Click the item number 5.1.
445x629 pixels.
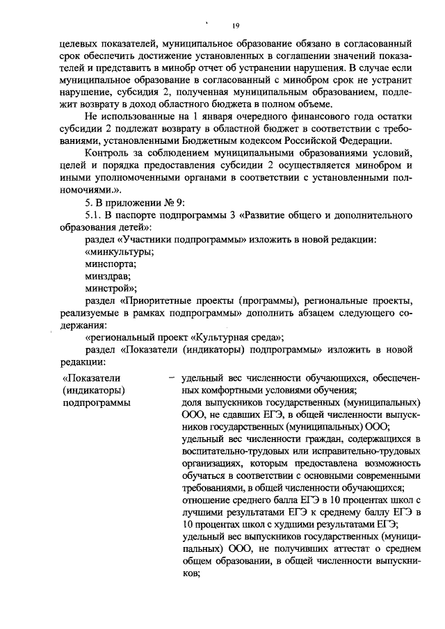93,215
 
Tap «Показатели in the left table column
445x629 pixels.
93,378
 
